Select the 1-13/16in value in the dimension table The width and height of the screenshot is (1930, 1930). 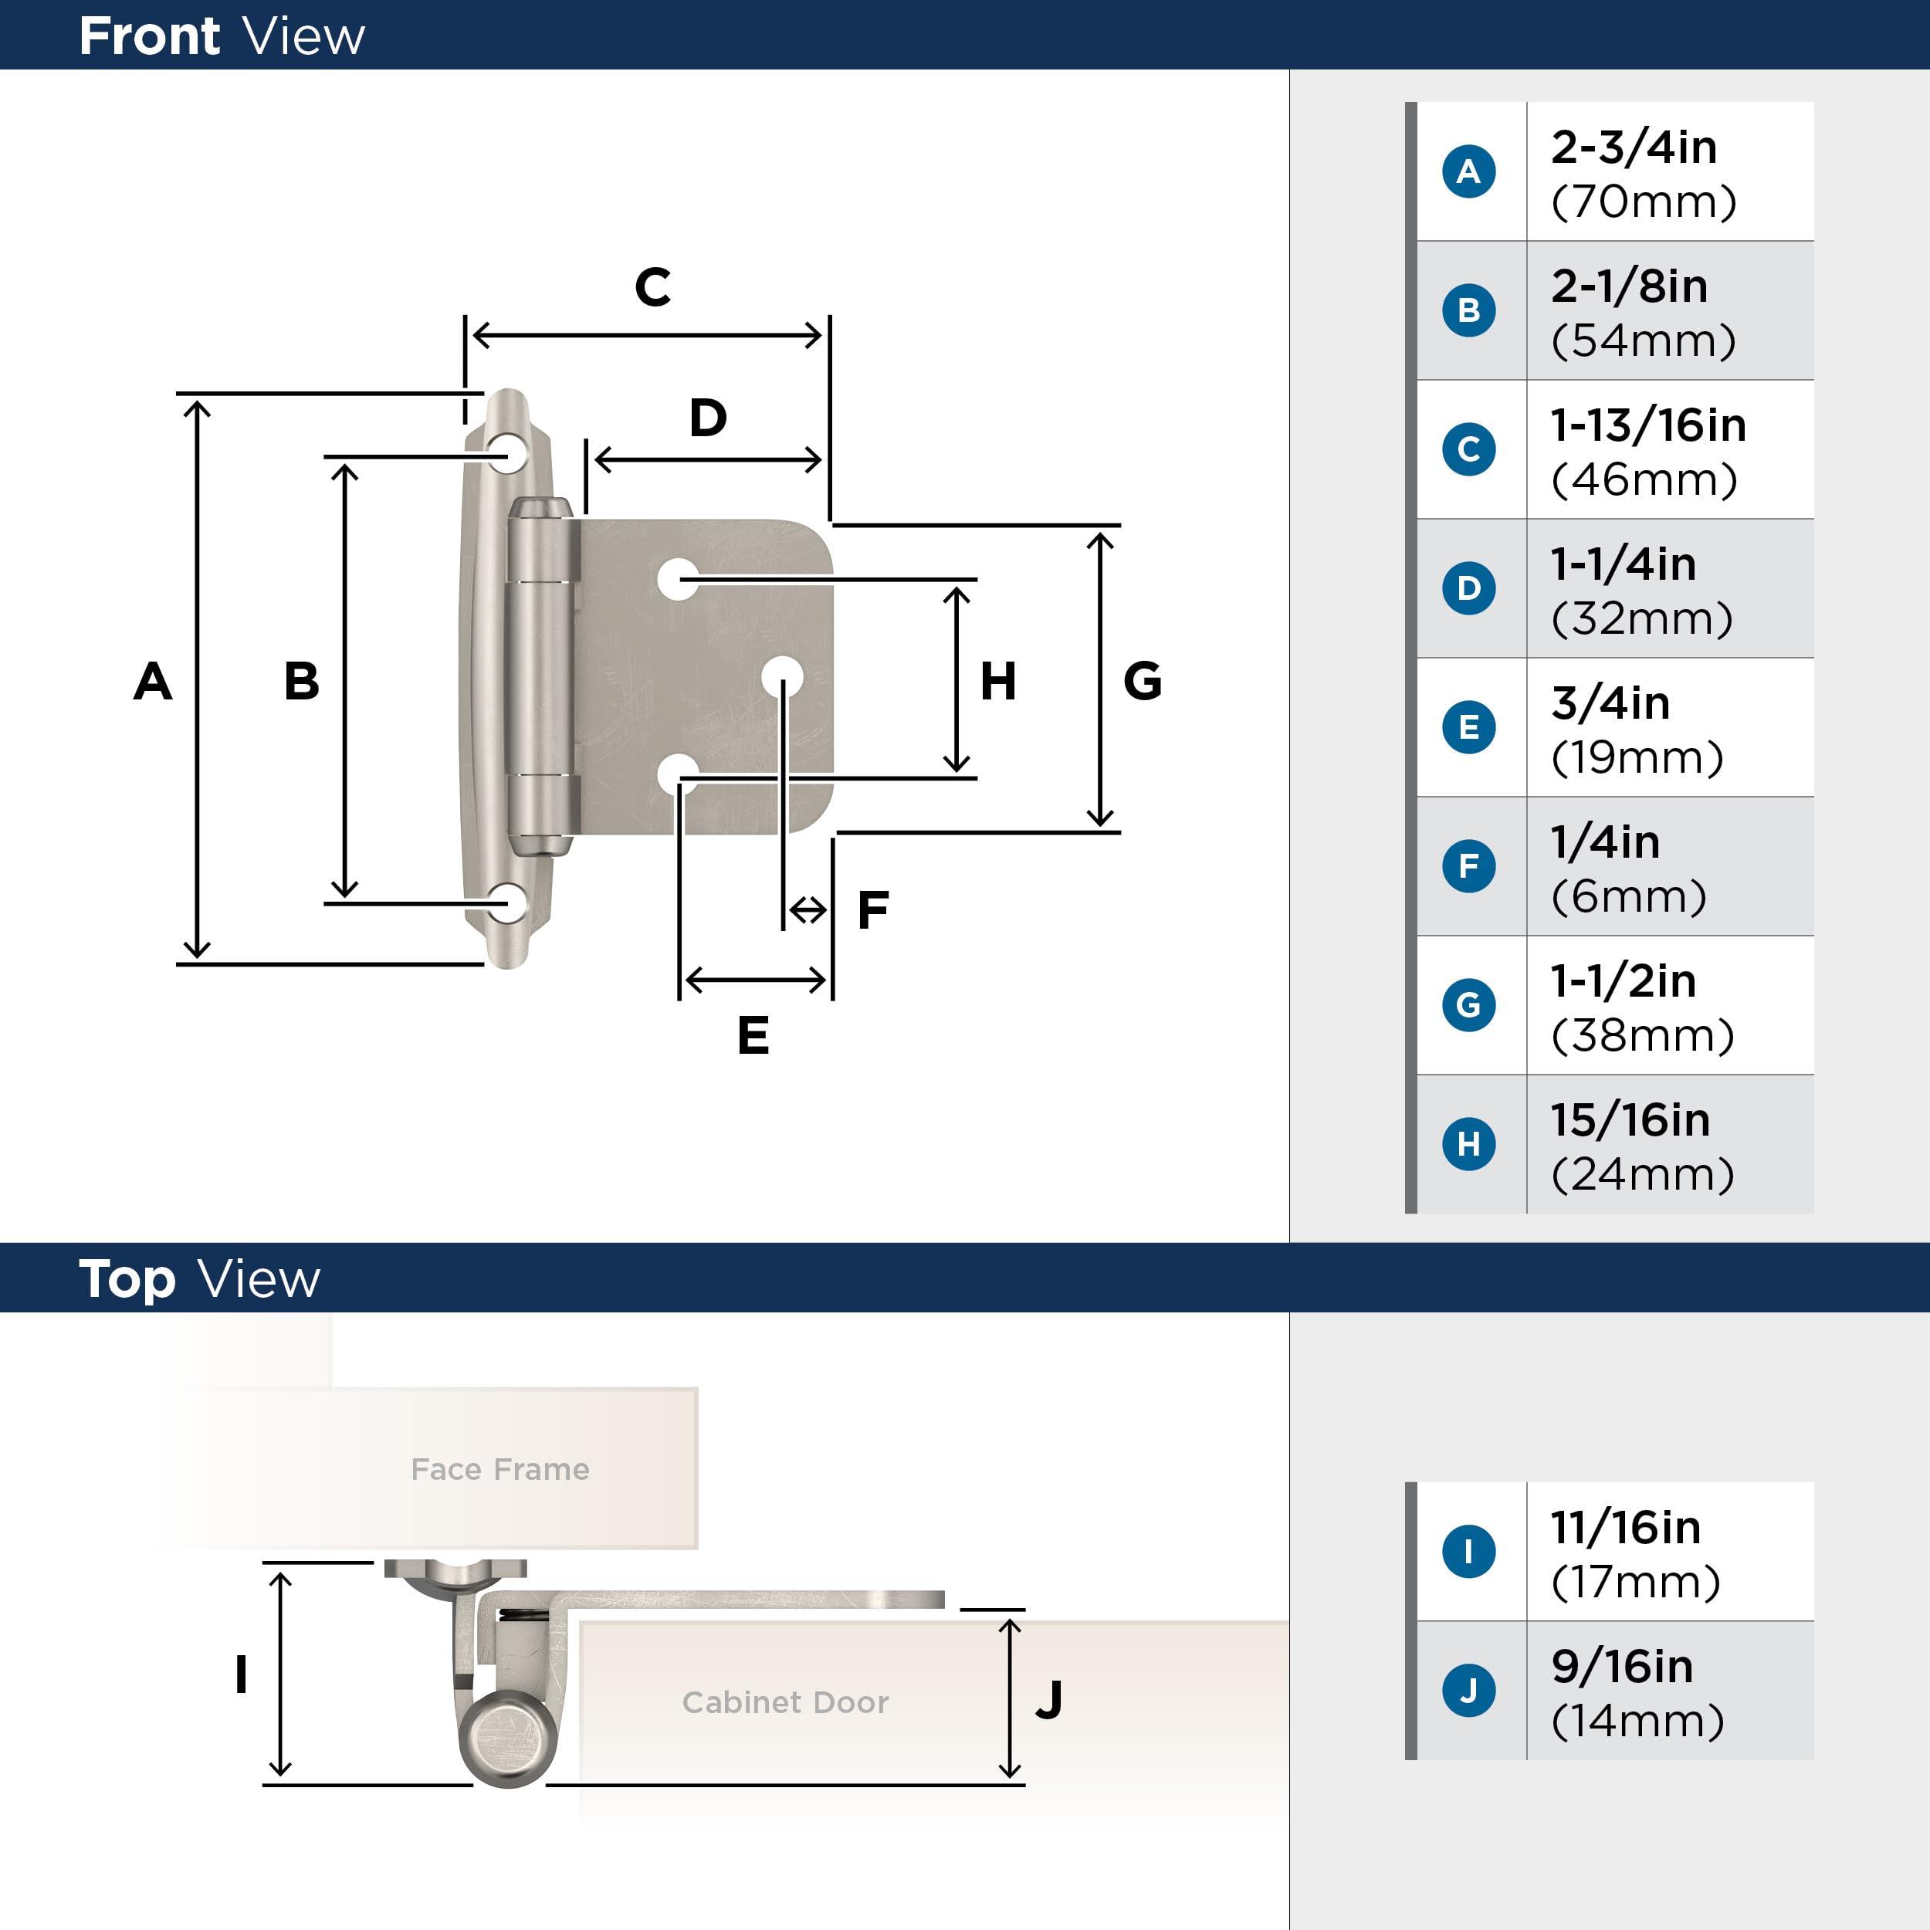click(1647, 425)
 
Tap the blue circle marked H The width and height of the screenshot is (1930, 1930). click(1468, 1144)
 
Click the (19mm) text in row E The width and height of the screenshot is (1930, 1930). click(1637, 757)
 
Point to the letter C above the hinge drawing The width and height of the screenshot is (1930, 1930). click(652, 288)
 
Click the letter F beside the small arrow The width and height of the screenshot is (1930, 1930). click(872, 910)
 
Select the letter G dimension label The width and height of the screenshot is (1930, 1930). click(1142, 682)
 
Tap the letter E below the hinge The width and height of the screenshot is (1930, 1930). click(753, 1035)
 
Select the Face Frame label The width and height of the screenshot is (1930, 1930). click(499, 1469)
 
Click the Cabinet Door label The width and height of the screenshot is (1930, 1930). click(785, 1702)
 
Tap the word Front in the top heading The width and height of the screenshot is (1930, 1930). click(149, 37)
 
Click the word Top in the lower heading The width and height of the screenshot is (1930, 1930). click(127, 1280)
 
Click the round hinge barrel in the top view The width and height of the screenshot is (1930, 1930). click(507, 1737)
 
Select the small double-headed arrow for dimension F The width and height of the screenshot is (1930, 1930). click(808, 910)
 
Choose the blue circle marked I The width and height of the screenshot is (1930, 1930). click(1468, 1552)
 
